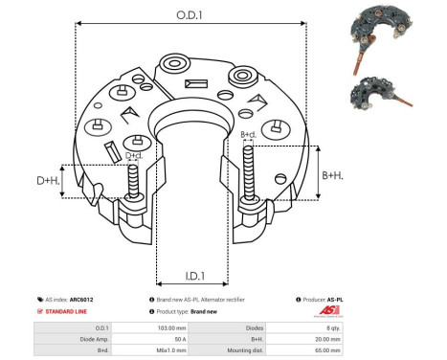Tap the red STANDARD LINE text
(68, 312)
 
